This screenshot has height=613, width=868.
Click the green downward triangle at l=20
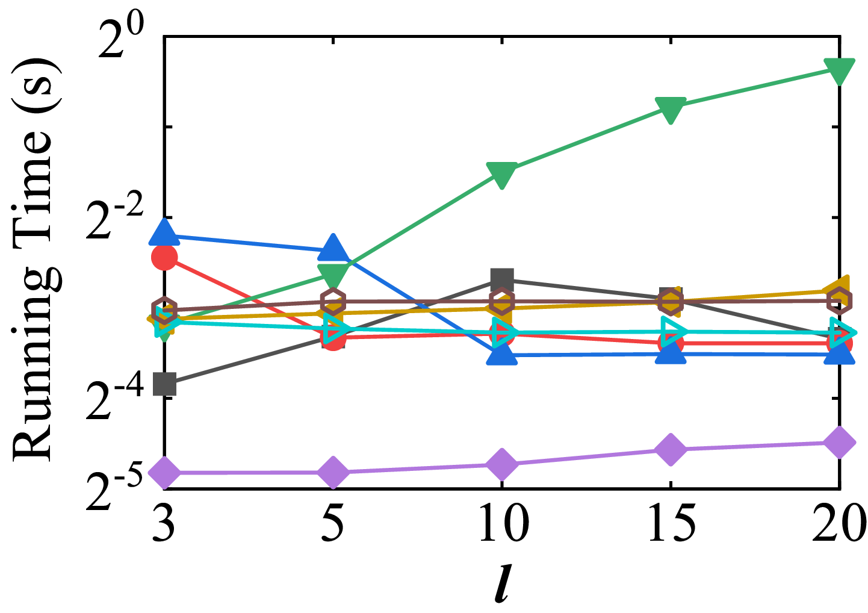pos(839,70)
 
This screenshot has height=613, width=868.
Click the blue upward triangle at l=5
pos(333,247)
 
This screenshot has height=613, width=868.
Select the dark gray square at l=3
pos(165,384)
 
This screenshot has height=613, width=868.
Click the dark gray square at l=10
pos(502,279)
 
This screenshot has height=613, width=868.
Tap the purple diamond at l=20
pos(839,442)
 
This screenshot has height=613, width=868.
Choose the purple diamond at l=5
pos(333,472)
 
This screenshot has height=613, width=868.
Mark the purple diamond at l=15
pos(671,449)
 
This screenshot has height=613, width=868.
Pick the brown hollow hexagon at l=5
pos(333,301)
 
